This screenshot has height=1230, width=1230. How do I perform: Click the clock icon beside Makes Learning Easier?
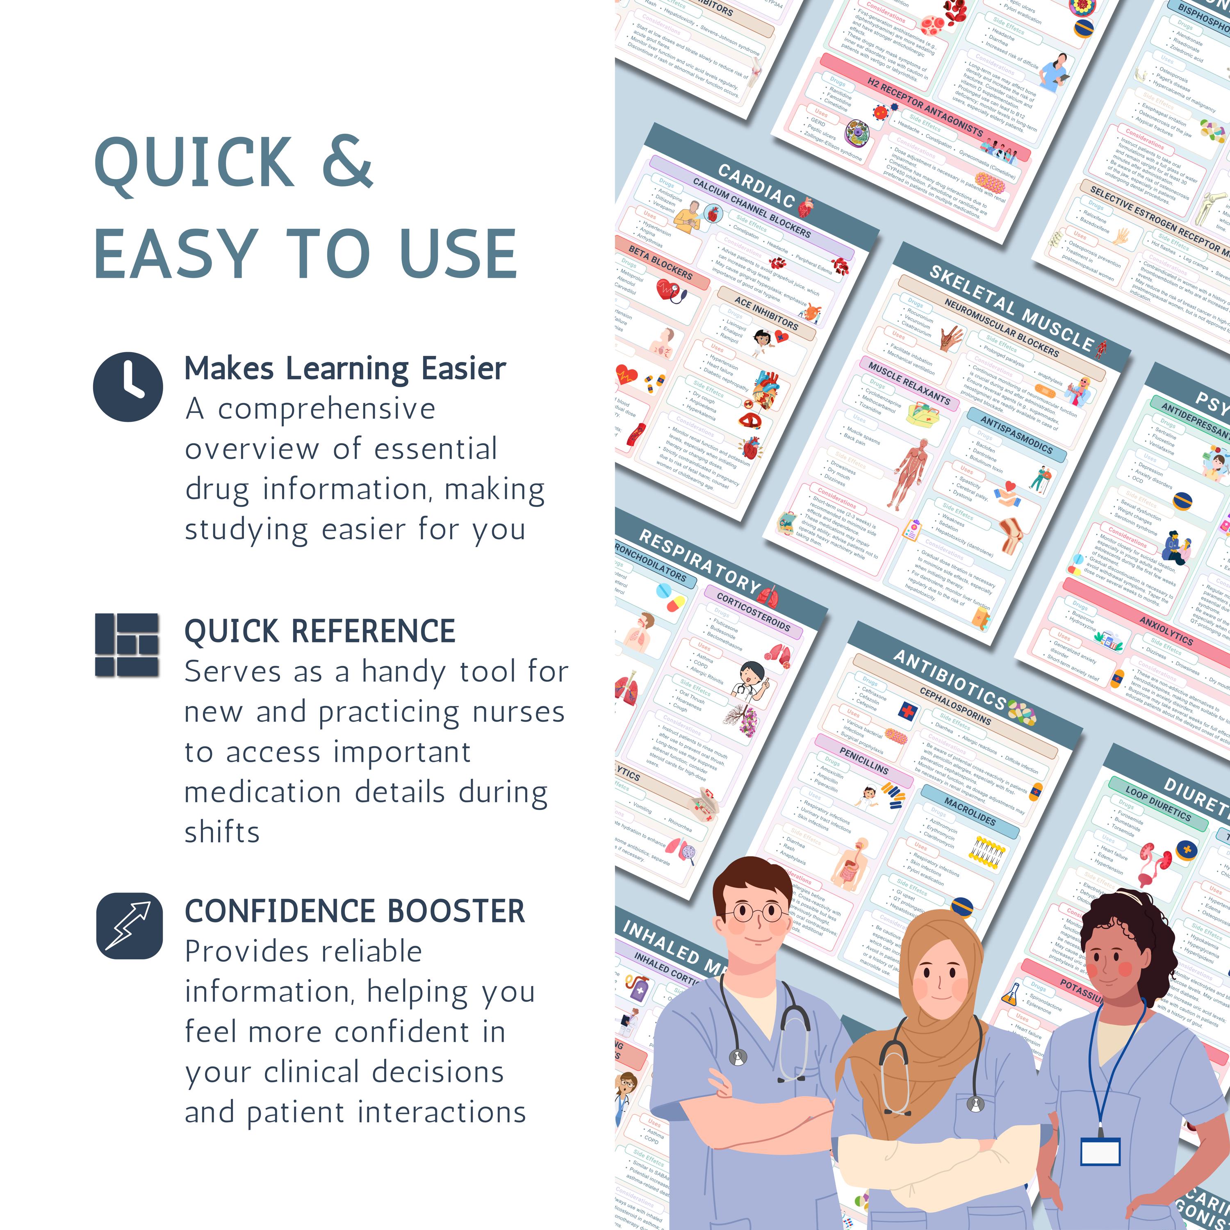point(128,387)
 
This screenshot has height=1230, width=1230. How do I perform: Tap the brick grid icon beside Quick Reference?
point(127,645)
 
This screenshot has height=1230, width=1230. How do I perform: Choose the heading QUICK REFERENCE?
point(320,631)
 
